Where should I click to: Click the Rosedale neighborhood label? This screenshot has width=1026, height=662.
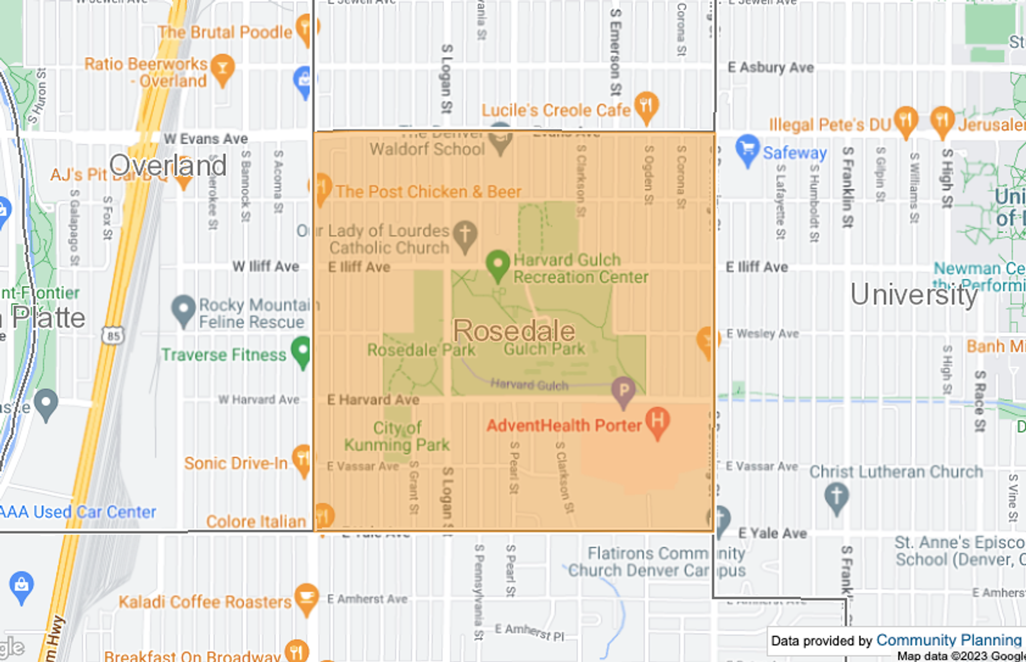pyautogui.click(x=514, y=331)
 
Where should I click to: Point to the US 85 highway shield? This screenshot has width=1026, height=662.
pyautogui.click(x=113, y=336)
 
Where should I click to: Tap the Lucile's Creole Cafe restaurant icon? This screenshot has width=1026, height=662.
pyautogui.click(x=646, y=106)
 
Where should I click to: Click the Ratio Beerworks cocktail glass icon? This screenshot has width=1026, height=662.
pyautogui.click(x=222, y=68)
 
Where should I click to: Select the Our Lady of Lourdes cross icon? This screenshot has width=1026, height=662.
pyautogui.click(x=465, y=234)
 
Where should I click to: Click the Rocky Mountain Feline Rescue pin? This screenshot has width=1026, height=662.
pyautogui.click(x=183, y=309)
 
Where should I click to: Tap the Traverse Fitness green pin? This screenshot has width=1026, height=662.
pyautogui.click(x=302, y=351)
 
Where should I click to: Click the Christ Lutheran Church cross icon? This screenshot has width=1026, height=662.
pyautogui.click(x=836, y=496)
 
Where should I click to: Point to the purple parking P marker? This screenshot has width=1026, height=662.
pyautogui.click(x=623, y=390)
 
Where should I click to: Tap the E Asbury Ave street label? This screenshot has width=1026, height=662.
pyautogui.click(x=771, y=68)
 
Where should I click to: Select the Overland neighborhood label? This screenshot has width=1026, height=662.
pyautogui.click(x=168, y=165)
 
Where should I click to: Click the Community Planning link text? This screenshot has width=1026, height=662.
pyautogui.click(x=949, y=640)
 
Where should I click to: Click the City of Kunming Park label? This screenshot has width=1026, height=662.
pyautogui.click(x=397, y=436)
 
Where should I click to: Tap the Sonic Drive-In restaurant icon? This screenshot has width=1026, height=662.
pyautogui.click(x=302, y=459)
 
